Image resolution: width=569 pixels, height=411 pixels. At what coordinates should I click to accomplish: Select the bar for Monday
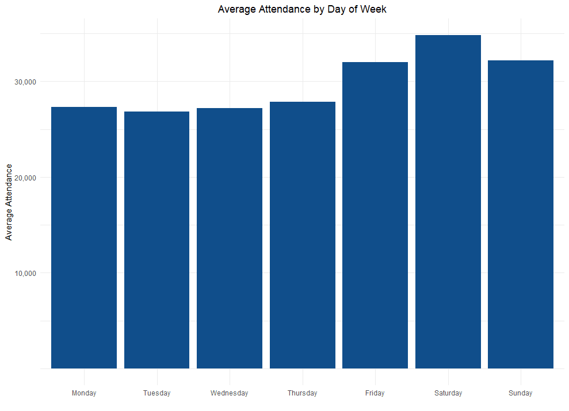pos(84,237)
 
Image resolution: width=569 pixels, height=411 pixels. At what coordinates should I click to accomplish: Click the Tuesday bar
pos(156,240)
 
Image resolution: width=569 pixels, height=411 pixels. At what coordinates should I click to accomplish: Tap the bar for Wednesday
pos(230,238)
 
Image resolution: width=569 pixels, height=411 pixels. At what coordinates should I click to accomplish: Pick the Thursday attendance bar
pos(302,235)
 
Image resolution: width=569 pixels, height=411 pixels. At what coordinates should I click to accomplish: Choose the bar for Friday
pos(375,215)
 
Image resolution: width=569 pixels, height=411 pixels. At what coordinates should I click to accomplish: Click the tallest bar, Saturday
pos(448,202)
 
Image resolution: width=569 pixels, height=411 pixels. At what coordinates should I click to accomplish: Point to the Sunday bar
pos(521,214)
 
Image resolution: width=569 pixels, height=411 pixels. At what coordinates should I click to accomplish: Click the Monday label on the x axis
pos(84,393)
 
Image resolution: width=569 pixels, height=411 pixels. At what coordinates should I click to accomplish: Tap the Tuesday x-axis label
pos(156,393)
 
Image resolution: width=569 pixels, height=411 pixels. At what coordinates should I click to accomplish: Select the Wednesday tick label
pos(230,393)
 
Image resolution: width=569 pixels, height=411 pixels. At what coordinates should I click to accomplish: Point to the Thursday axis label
pos(302,393)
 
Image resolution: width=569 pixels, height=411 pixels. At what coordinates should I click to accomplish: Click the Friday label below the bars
pos(375,393)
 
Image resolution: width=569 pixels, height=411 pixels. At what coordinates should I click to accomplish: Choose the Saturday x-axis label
pos(448,393)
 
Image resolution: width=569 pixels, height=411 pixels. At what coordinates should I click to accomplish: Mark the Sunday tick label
pos(521,393)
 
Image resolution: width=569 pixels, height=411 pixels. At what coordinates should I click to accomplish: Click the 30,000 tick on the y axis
pos(25,82)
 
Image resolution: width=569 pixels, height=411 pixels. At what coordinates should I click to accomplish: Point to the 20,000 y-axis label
pos(25,178)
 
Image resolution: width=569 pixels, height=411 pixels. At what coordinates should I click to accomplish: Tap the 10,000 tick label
pos(25,273)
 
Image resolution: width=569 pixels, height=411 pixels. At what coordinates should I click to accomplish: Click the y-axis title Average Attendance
pos(9,202)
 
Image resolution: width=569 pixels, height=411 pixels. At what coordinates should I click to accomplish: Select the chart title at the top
pos(301,9)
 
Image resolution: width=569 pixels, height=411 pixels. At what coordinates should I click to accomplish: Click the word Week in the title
pos(373,9)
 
